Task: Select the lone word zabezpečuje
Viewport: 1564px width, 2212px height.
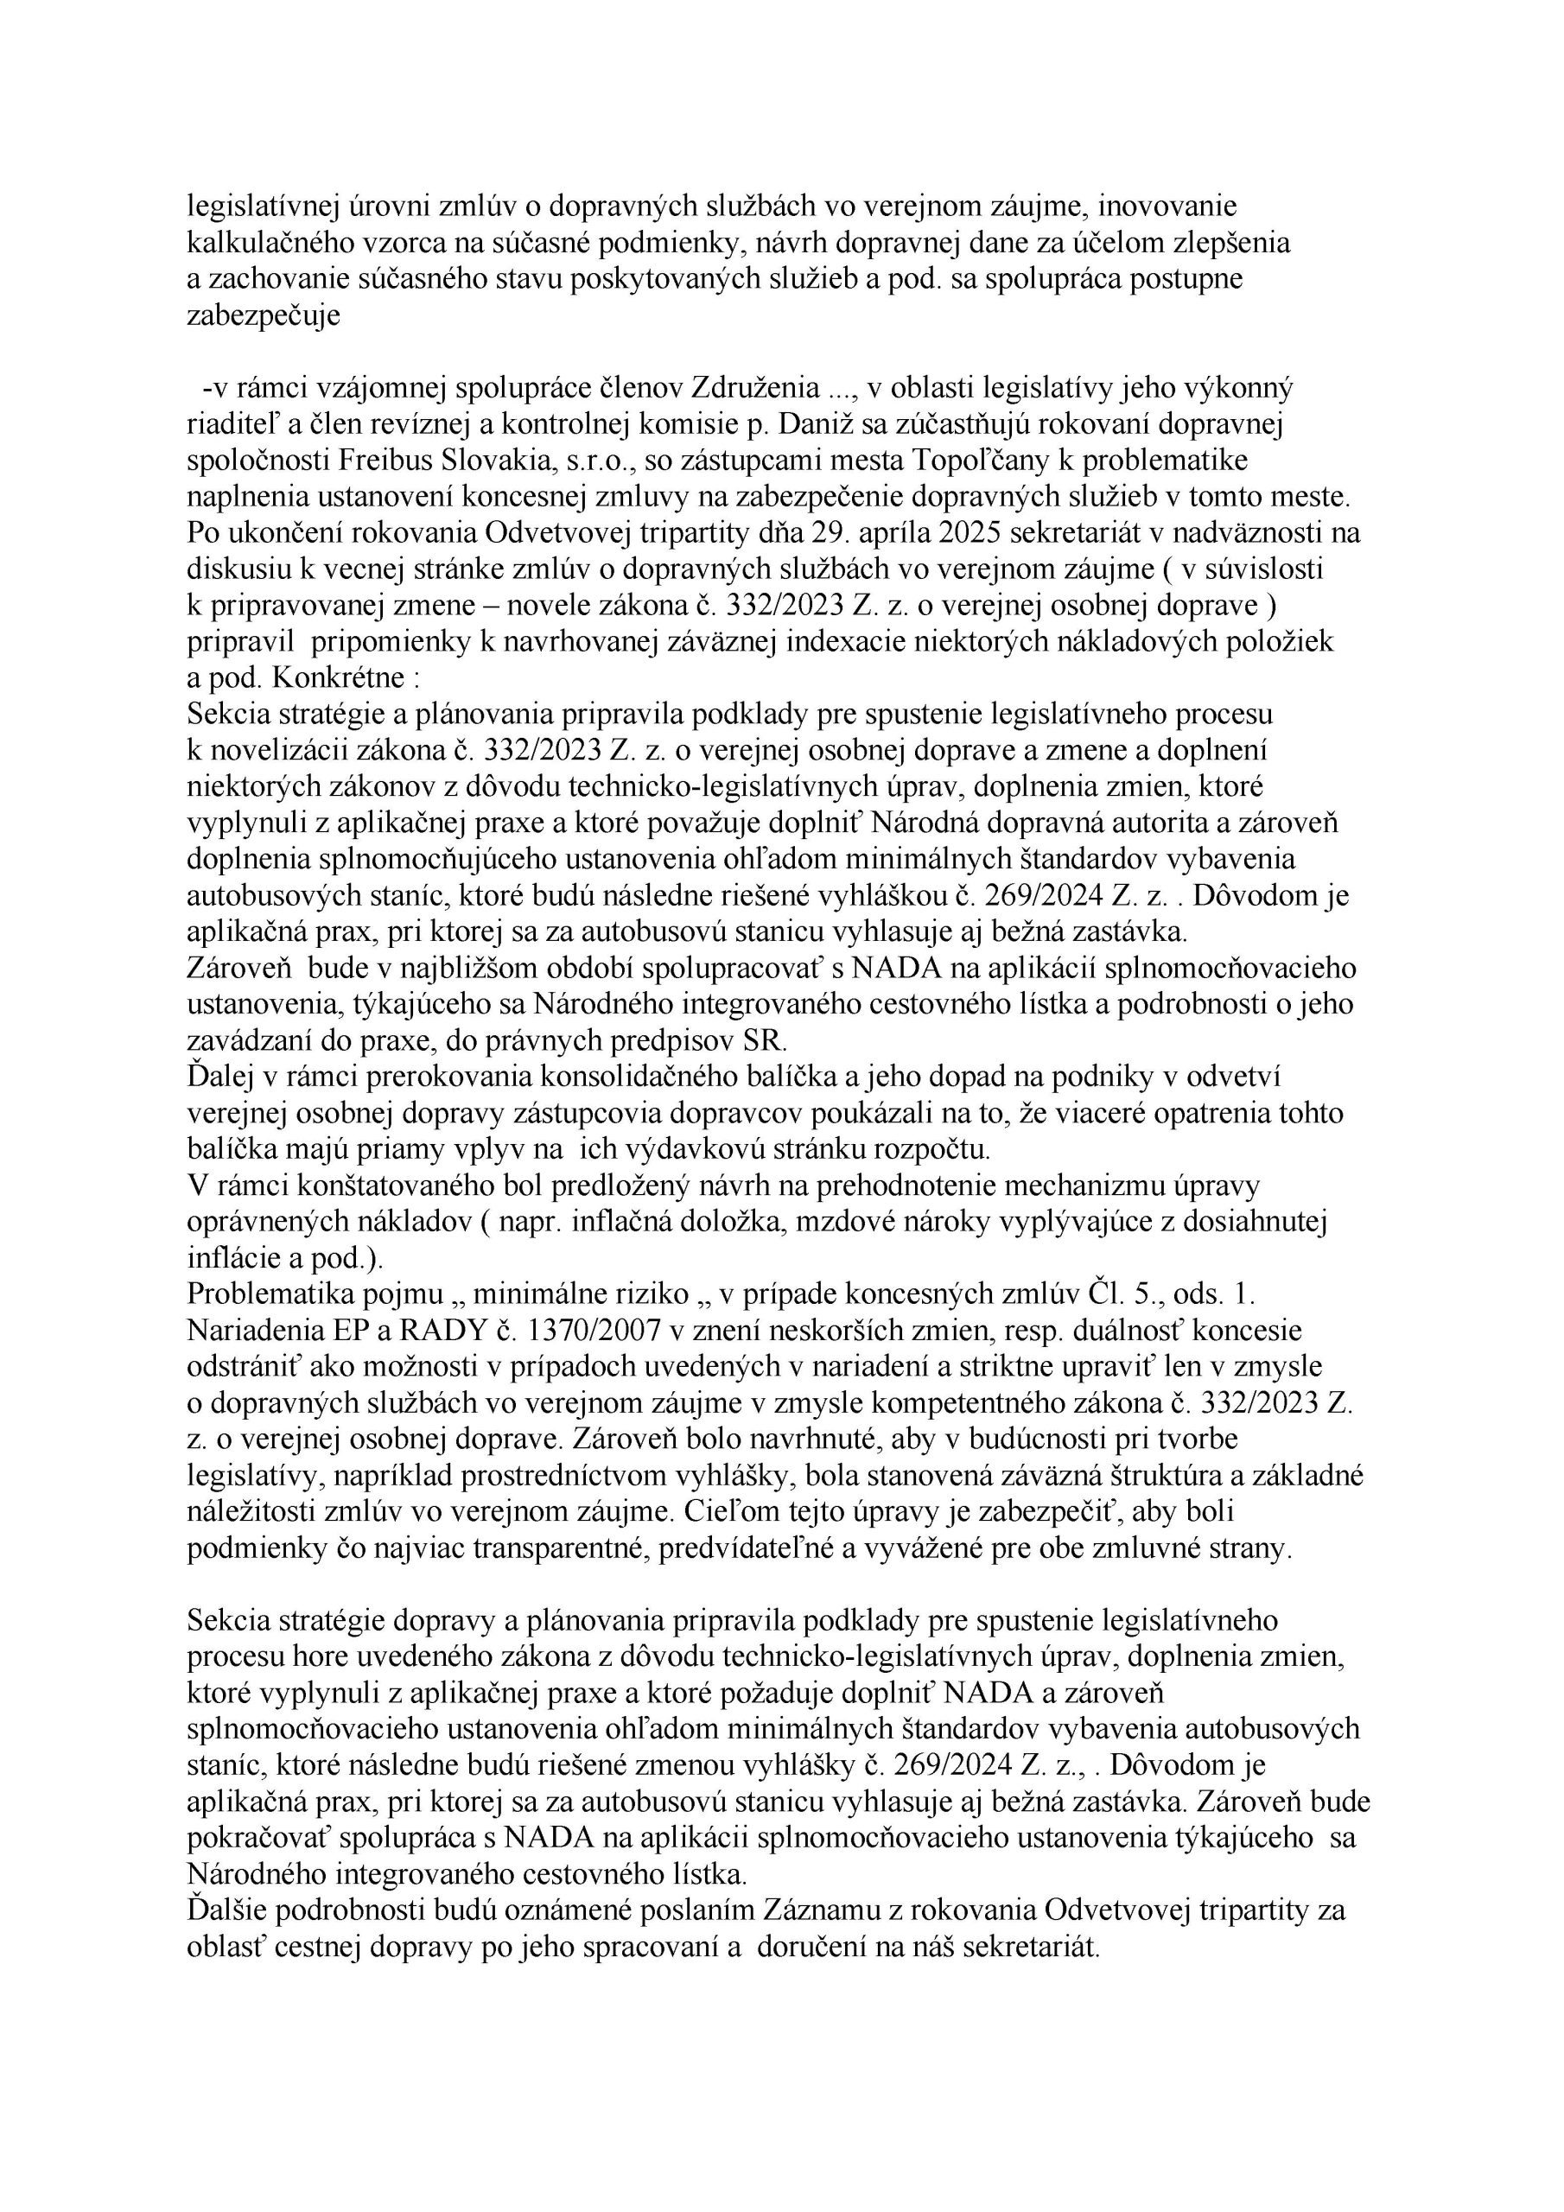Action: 263,316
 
